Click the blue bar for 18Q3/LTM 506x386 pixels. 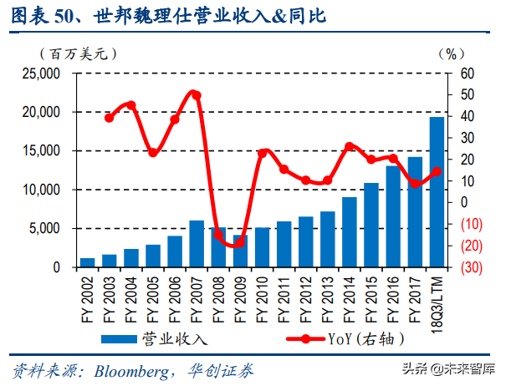[437, 192]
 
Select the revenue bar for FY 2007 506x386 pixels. [197, 244]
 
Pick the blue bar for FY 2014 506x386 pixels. [350, 232]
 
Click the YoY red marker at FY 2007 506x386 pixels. [197, 94]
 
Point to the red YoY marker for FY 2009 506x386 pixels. [240, 241]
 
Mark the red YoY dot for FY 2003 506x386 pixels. [110, 118]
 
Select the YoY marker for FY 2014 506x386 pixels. [350, 147]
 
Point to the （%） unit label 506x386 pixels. [449, 53]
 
